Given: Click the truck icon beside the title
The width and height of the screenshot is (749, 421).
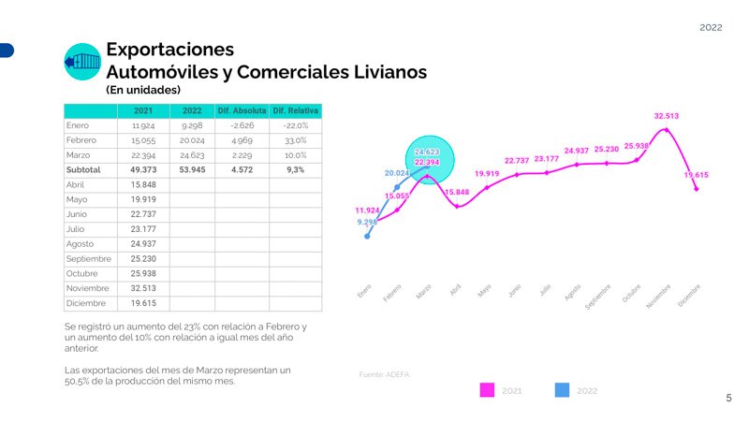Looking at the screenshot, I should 81,63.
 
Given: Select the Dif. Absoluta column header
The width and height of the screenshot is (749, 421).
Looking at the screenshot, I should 242,111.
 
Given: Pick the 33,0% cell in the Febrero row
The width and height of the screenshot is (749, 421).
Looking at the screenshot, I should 295,140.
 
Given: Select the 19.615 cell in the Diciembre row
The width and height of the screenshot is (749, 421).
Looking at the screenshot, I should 143,303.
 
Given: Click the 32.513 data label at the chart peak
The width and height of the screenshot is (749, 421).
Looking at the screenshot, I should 667,116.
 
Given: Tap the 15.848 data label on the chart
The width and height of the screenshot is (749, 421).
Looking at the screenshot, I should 456,192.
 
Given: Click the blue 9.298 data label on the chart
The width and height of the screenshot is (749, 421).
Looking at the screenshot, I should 367,223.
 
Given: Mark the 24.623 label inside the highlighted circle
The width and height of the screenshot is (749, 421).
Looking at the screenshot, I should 427,152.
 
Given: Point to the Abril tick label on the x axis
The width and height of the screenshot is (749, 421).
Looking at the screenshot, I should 455,291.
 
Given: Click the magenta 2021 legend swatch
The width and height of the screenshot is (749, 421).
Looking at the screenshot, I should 487,390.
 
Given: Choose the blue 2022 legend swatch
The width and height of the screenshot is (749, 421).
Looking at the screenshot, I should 562,390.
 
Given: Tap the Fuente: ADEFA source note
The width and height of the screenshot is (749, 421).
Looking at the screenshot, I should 385,374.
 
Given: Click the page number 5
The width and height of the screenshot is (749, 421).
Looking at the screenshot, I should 729,399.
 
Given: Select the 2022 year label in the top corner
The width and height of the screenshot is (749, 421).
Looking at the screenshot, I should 711,28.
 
